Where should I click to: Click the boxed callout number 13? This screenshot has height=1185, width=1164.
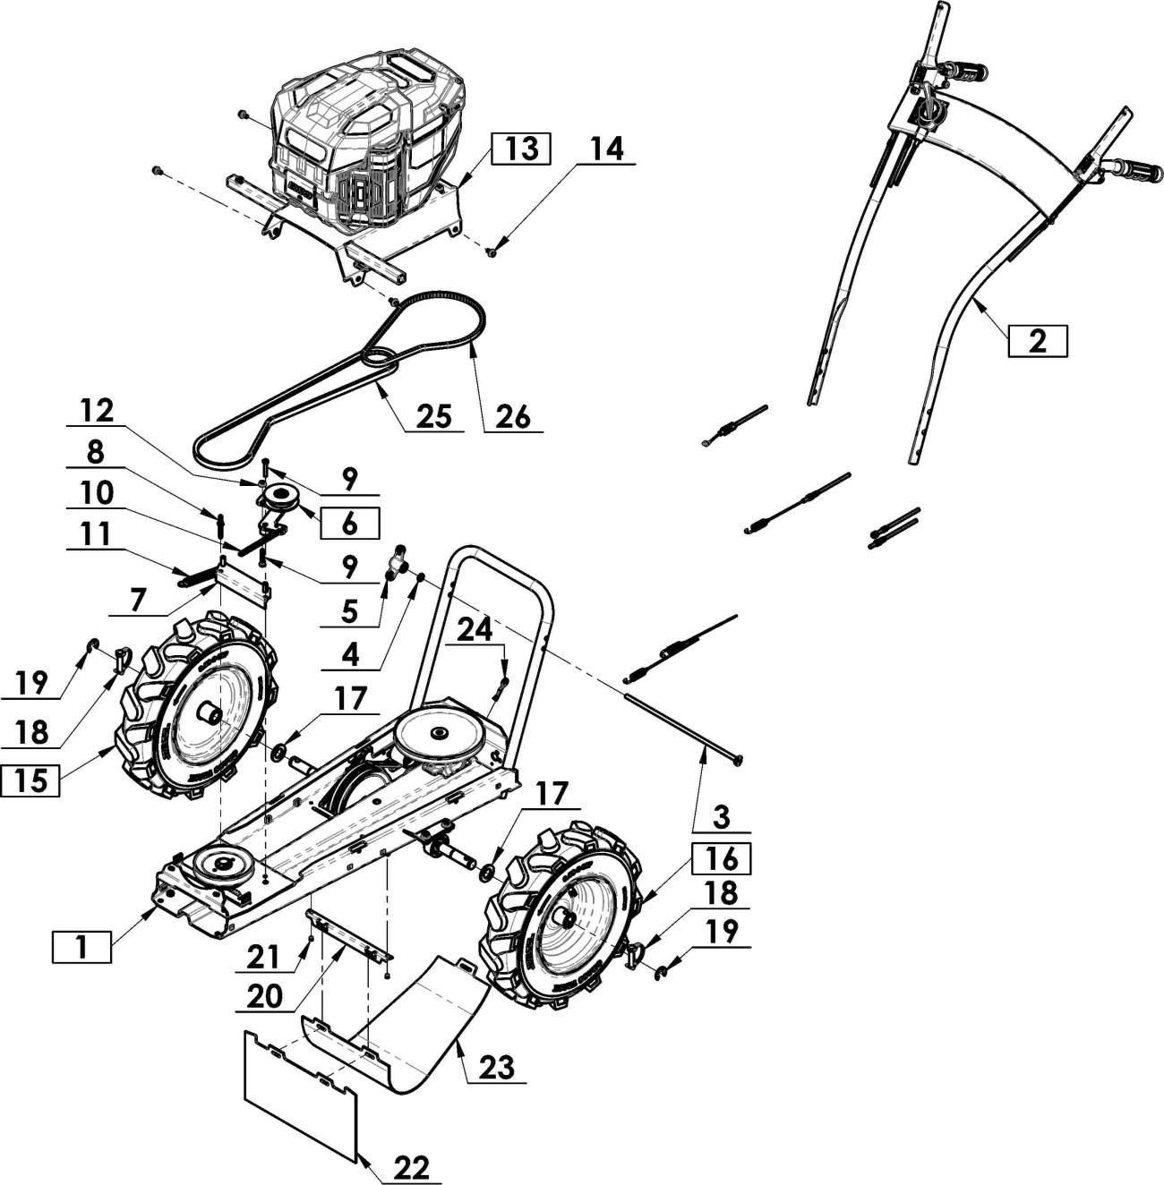pos(520,149)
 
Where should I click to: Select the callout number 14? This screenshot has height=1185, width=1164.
pos(606,149)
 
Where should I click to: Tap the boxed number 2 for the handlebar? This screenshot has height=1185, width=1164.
pos(1037,341)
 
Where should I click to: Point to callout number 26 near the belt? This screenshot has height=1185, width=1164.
pos(514,418)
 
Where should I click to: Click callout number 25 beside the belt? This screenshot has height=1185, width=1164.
pos(433,417)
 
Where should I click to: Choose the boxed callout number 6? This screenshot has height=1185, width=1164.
pos(349,524)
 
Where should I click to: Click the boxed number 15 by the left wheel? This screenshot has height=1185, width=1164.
pos(30,781)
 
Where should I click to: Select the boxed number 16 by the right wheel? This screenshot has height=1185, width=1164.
pos(722,859)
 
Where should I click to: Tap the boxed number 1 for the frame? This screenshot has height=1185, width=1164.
pos(81,947)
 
